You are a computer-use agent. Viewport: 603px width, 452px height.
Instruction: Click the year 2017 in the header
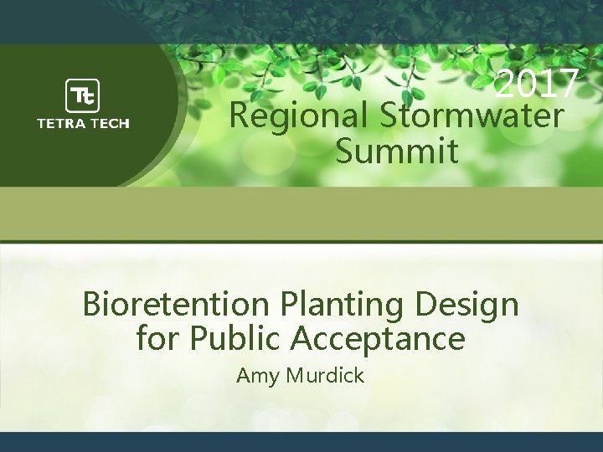(x=536, y=84)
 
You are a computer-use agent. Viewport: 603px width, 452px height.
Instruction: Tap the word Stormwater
(x=472, y=116)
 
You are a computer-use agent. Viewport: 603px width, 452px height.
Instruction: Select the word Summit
(x=397, y=152)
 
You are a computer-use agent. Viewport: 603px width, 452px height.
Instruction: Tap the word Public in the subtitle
(x=237, y=339)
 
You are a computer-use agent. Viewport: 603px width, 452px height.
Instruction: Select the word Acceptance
(x=378, y=339)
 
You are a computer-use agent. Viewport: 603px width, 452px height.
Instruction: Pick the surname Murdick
(x=326, y=376)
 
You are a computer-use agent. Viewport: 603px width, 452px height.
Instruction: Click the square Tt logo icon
(x=82, y=95)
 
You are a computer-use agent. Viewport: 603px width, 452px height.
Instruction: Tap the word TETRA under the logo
(x=61, y=123)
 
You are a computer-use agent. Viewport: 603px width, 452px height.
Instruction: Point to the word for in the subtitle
(x=157, y=339)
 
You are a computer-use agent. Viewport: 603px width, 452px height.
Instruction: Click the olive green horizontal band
(x=301, y=214)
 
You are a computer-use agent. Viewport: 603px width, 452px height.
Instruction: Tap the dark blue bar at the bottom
(x=301, y=442)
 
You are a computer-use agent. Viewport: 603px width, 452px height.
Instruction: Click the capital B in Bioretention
(x=93, y=304)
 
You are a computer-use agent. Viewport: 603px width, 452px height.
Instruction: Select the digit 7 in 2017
(x=567, y=84)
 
